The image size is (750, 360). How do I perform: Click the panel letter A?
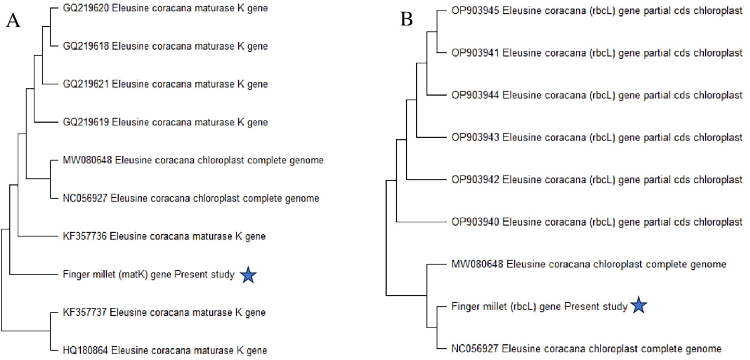click(13, 20)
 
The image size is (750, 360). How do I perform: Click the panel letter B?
click(407, 19)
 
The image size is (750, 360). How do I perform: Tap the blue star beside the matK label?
click(248, 275)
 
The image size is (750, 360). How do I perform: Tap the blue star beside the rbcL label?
click(638, 306)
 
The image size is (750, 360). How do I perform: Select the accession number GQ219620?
click(86, 8)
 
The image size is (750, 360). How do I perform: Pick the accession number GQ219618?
click(86, 46)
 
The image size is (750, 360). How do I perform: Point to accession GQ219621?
click(86, 84)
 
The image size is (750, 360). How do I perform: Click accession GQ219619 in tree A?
click(86, 122)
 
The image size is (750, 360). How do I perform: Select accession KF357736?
click(85, 236)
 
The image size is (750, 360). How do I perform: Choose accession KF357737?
click(85, 312)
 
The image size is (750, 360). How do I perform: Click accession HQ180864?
click(85, 350)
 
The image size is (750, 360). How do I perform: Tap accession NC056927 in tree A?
click(85, 199)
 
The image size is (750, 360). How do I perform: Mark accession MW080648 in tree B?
click(477, 264)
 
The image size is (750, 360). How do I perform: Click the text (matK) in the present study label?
click(133, 275)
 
